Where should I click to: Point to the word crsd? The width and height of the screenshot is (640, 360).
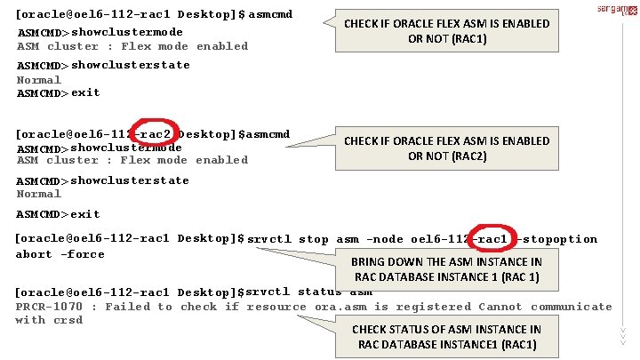point(68,320)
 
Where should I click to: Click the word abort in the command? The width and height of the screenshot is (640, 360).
point(35,254)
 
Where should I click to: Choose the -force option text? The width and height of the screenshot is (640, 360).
point(83,254)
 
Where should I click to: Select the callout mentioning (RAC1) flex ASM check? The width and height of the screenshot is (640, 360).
point(446,31)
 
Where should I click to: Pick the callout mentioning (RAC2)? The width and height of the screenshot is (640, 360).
point(446,148)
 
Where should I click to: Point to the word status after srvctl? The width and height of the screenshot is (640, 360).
point(320,292)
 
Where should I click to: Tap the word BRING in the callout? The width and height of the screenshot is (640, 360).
point(369,262)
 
